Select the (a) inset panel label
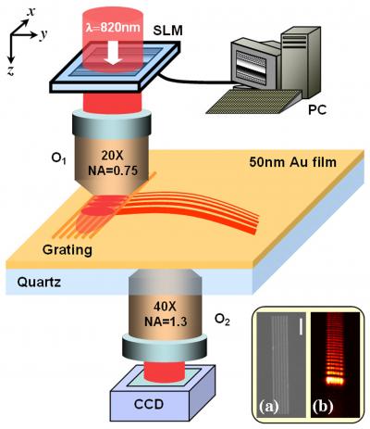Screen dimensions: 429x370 click(x=275, y=405)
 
